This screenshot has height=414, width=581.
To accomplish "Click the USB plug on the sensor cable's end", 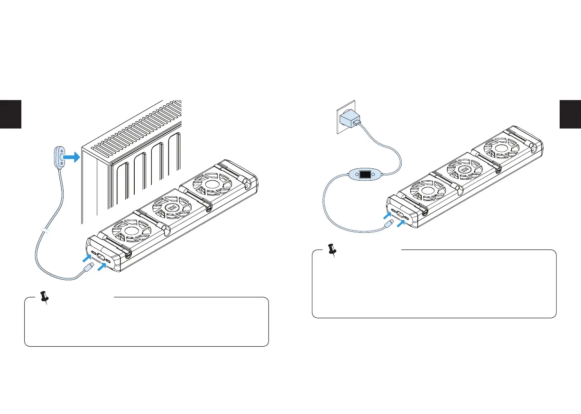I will tap(87, 269).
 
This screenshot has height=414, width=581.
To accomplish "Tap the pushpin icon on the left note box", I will tap(45, 298).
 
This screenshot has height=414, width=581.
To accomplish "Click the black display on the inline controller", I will tap(365, 174).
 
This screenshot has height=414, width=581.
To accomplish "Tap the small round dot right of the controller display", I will tap(374, 174).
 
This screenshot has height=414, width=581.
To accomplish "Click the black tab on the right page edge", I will tap(570, 114).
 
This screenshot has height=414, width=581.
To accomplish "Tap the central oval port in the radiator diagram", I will tap(101, 258).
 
